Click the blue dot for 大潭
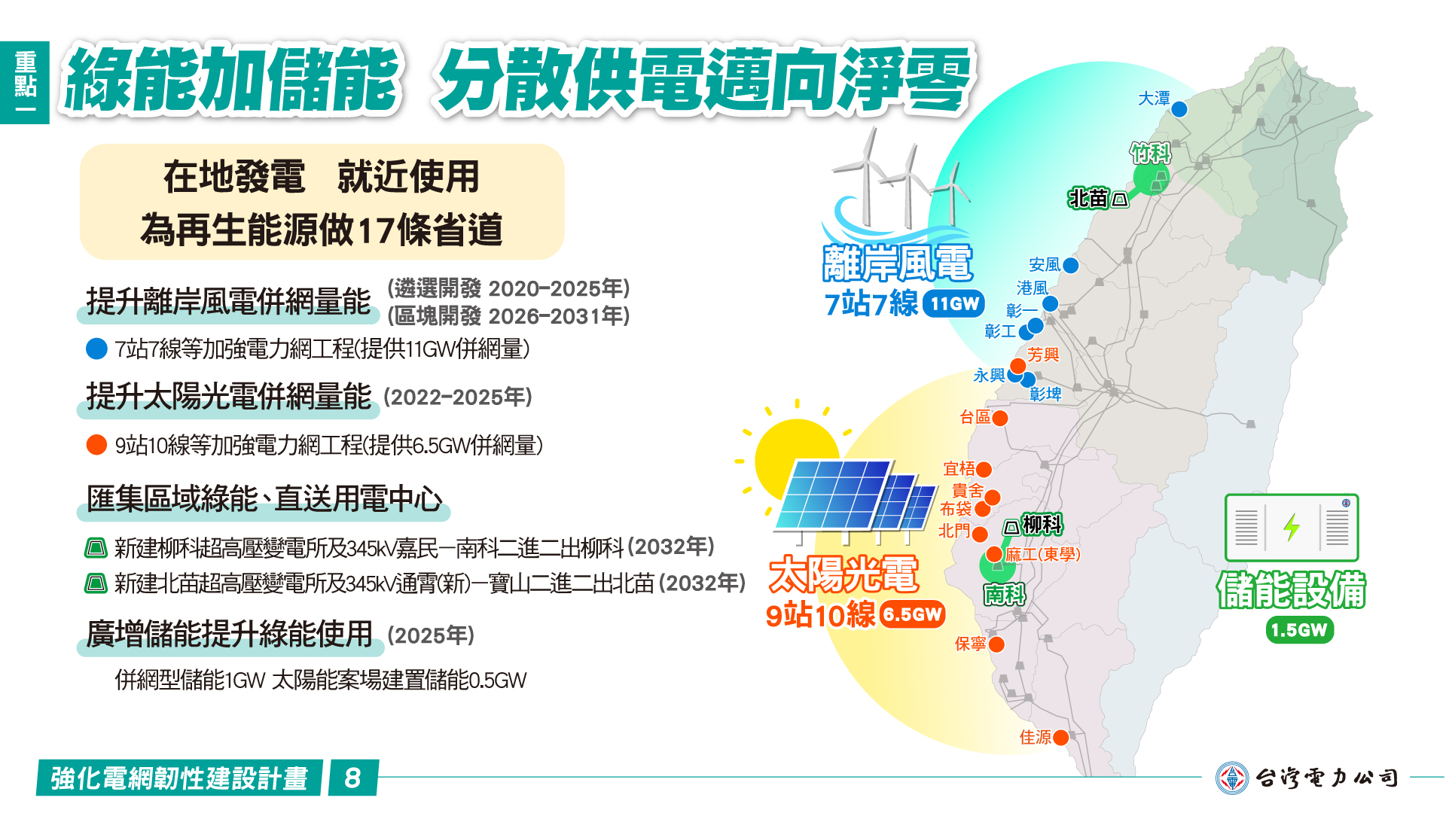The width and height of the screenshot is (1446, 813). click(1179, 109)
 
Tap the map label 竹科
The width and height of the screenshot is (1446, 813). click(1150, 154)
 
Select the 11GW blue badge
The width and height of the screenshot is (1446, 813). click(953, 303)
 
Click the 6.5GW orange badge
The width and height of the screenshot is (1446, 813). click(912, 614)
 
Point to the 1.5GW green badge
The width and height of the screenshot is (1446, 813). click(1299, 630)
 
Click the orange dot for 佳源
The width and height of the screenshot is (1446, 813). click(1060, 738)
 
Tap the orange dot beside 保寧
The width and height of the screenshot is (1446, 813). click(996, 644)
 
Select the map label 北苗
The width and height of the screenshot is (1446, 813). click(1088, 198)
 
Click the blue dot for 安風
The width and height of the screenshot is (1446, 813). click(1070, 265)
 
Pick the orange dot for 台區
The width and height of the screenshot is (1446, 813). click(1000, 418)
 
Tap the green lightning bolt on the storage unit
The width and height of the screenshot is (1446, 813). click(1292, 527)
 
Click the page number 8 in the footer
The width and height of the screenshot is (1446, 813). click(352, 778)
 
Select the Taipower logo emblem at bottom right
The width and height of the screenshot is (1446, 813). click(1232, 778)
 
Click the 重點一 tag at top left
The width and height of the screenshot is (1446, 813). click(25, 82)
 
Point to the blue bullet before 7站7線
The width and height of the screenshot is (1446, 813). click(96, 349)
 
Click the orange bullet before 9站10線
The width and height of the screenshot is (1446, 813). click(96, 445)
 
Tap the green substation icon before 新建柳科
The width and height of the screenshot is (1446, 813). click(96, 547)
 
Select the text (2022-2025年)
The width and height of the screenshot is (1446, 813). click(458, 397)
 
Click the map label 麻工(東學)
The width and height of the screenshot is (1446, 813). click(1043, 555)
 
